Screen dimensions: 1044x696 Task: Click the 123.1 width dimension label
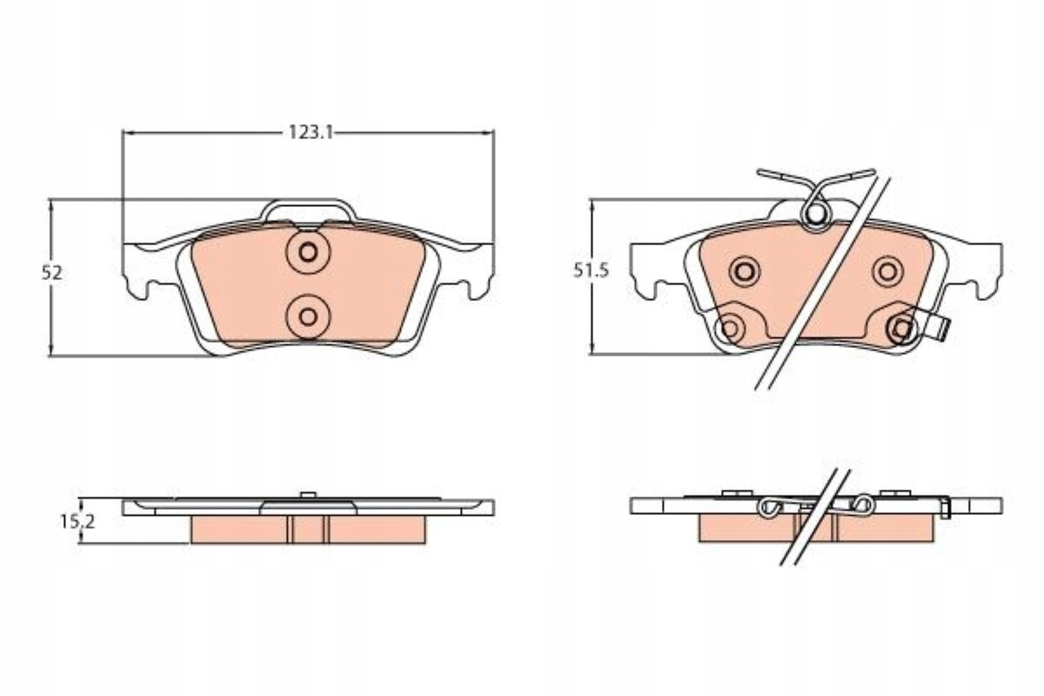coord(311,133)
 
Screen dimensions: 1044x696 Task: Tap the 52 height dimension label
coord(52,273)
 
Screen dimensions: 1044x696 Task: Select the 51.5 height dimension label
coord(591,271)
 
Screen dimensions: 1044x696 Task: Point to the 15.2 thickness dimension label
coord(77,521)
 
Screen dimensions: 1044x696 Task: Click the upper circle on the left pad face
coord(307,253)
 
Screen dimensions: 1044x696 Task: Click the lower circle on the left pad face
coord(307,317)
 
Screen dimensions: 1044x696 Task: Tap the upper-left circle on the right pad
coord(745,271)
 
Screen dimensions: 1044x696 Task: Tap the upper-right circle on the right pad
coord(888,271)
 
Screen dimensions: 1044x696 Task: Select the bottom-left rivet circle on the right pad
coord(730,329)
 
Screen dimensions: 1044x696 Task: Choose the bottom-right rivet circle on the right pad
coord(902,329)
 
